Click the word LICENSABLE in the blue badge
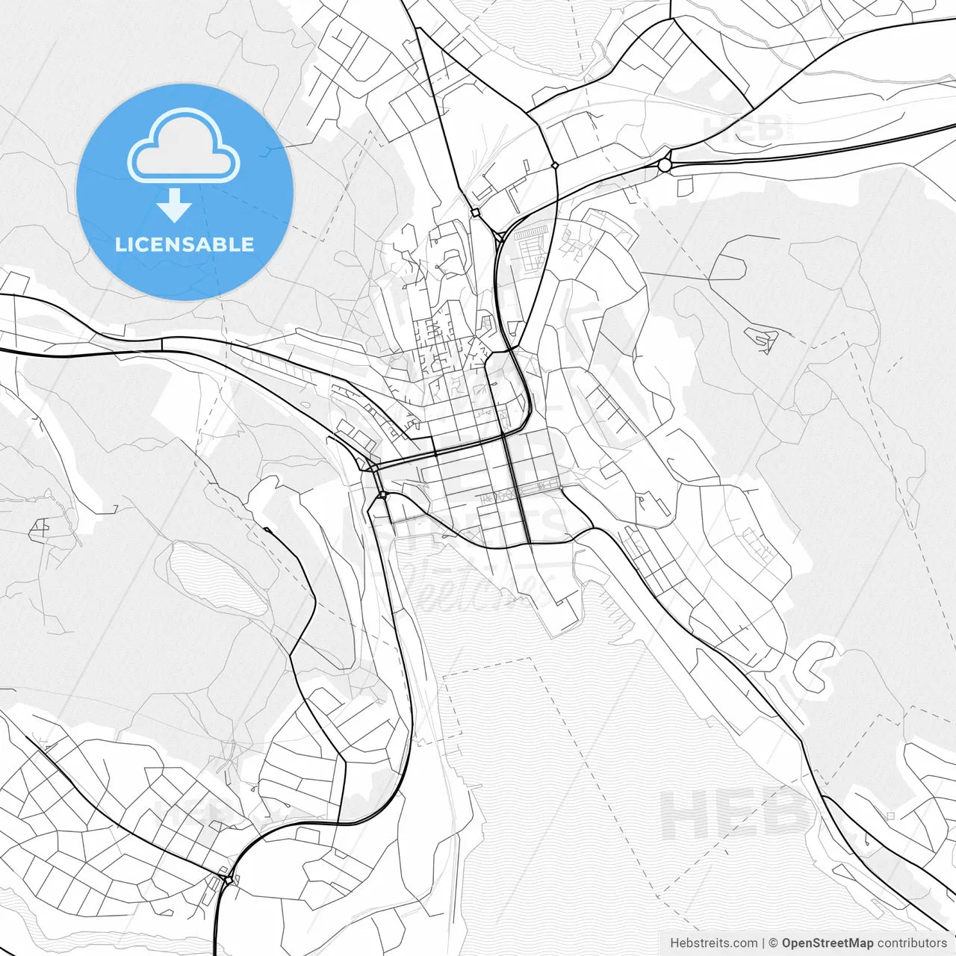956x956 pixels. click(x=184, y=244)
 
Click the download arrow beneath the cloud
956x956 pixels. click(x=174, y=205)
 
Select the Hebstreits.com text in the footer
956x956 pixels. click(x=713, y=943)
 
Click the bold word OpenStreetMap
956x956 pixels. click(x=827, y=943)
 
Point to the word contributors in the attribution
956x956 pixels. click(x=912, y=943)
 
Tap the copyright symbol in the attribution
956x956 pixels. click(x=773, y=943)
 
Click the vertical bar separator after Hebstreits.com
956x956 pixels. click(x=763, y=943)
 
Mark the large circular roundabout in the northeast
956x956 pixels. click(x=665, y=165)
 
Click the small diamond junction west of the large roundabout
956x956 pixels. click(x=554, y=165)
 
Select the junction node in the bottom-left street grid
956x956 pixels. click(x=225, y=872)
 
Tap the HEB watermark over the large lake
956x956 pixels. click(x=736, y=814)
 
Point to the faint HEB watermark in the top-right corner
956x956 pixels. click(x=743, y=128)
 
